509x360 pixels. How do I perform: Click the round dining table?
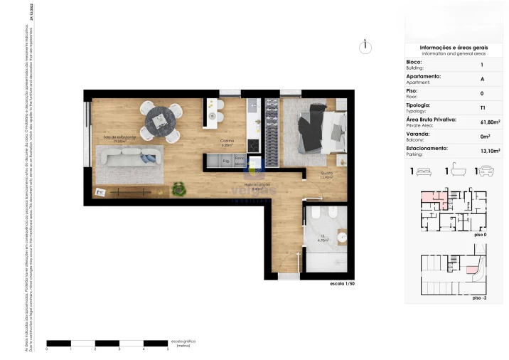click(x=163, y=120)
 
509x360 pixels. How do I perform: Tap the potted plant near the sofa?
click(x=181, y=189)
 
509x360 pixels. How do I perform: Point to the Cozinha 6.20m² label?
click(x=227, y=143)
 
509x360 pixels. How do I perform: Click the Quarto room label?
click(x=326, y=174)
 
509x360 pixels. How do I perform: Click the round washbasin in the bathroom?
click(x=343, y=237)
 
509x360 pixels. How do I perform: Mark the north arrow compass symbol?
click(x=365, y=46)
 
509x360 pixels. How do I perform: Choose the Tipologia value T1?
click(x=483, y=107)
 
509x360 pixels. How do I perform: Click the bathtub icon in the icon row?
click(x=454, y=171)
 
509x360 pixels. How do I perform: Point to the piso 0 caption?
click(x=479, y=234)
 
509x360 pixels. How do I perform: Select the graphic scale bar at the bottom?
click(x=107, y=343)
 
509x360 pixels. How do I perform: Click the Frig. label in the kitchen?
click(x=225, y=162)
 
